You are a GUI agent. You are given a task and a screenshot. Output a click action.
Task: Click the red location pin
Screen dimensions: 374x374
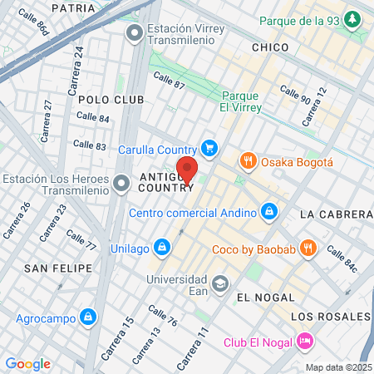point(187,169)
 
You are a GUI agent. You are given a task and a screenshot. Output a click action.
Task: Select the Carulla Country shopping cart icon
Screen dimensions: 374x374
point(210,149)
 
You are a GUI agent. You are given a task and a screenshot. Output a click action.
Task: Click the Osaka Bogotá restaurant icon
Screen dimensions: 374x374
point(247,161)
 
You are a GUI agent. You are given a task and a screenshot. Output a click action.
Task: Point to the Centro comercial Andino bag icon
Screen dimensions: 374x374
point(268,213)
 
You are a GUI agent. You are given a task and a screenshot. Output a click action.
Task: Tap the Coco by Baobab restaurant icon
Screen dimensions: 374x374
point(308,247)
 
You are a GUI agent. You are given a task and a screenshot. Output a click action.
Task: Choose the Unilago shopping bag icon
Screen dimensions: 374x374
point(163,246)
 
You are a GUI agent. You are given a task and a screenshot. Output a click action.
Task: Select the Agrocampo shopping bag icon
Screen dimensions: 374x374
point(87,317)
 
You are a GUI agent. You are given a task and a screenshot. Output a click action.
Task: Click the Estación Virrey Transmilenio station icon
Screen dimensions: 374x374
point(134,32)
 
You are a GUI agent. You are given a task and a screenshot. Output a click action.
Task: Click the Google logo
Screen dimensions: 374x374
point(27,364)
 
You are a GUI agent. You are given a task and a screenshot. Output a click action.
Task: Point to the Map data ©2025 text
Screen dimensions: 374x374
point(338,367)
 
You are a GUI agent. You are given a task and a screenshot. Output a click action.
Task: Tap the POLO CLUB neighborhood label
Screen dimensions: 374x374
point(111,100)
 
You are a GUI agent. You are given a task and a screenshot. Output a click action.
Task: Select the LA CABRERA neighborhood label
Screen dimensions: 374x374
point(336,214)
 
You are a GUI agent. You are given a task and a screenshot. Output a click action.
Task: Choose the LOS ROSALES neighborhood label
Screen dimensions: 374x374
point(331,317)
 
